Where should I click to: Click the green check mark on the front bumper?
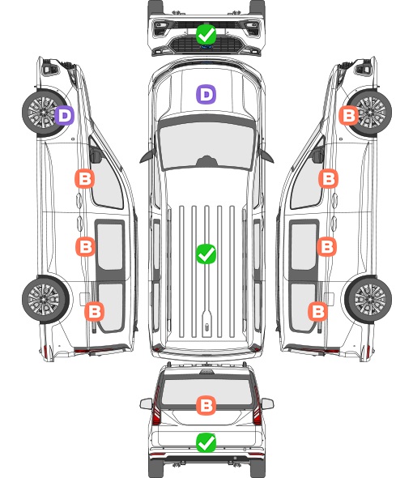206,34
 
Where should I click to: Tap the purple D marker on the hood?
206,94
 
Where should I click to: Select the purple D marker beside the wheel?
64,115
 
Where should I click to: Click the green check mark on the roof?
206,254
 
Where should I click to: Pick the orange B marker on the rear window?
206,405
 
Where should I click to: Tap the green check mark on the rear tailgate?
206,442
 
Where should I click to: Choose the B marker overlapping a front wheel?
349,115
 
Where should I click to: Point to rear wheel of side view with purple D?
45,300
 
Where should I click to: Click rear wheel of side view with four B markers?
368,300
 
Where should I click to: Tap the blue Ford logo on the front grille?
206,47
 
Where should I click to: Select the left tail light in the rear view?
156,408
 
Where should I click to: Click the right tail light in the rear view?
257,408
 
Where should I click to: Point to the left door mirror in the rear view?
146,403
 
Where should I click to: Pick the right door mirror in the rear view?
267,403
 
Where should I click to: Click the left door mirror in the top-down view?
147,156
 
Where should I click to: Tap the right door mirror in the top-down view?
266,156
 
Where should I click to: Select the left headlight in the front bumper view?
160,28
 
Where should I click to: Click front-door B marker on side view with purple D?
84,178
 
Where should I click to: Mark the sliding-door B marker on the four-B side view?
326,246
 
